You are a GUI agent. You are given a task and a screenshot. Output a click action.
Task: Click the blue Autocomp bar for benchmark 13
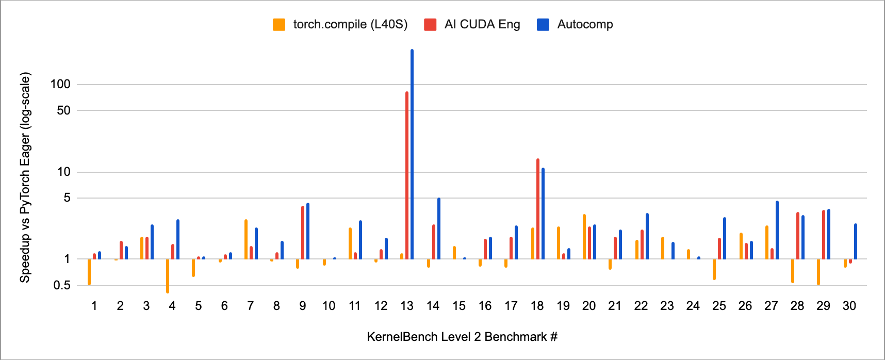(412, 155)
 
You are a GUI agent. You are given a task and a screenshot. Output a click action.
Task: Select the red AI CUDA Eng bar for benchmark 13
(407, 175)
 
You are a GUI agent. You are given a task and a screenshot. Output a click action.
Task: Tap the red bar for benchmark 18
(538, 209)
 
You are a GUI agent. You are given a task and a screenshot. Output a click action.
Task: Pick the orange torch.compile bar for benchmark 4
(168, 276)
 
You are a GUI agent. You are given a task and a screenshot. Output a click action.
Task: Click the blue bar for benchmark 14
(439, 228)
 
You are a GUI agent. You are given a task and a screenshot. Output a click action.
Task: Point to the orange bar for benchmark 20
(584, 237)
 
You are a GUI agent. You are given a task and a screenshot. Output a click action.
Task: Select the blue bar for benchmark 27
(777, 230)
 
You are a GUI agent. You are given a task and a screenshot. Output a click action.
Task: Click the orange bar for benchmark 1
(89, 272)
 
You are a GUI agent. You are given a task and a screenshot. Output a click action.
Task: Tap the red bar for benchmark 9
(303, 233)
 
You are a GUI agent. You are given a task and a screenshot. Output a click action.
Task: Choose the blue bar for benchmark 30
(856, 241)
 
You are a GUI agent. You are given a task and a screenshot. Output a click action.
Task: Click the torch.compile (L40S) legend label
(350, 24)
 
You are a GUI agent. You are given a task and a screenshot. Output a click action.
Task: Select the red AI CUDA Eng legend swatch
(430, 24)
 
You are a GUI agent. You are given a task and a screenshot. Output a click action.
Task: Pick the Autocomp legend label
(585, 24)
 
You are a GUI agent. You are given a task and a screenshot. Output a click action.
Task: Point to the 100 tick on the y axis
(60, 84)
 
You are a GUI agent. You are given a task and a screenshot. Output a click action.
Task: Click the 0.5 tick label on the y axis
(62, 285)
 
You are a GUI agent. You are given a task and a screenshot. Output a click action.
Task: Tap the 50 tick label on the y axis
(63, 110)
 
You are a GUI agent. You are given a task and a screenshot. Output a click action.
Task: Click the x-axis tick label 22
(641, 306)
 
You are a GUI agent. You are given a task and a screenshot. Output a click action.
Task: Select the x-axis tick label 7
(251, 306)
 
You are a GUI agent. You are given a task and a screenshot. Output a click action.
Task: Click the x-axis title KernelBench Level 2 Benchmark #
(462, 337)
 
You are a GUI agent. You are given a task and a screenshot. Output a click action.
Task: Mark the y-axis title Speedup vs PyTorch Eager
(25, 177)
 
